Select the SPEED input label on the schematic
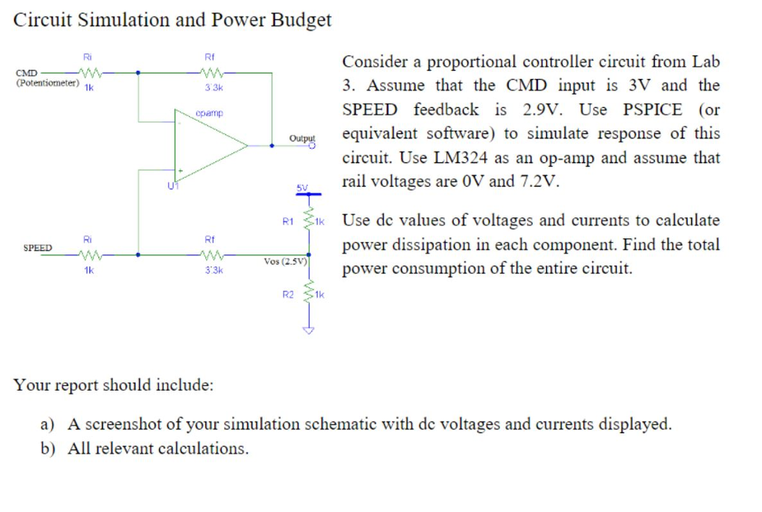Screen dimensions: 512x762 click(x=37, y=247)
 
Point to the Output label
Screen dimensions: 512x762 click(x=302, y=138)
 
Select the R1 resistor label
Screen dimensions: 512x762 click(x=289, y=221)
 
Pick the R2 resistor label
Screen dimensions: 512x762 click(x=289, y=295)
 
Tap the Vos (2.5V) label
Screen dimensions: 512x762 click(x=286, y=261)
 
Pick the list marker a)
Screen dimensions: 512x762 click(x=48, y=425)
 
